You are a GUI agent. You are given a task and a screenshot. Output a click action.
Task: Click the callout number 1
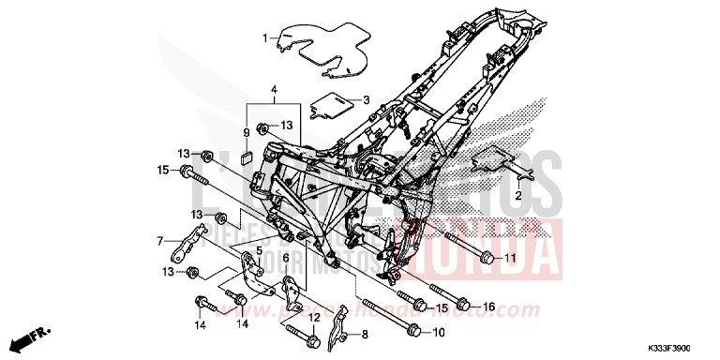[264, 38]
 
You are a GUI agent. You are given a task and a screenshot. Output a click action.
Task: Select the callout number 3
[367, 100]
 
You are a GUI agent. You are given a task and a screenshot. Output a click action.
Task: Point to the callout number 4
[274, 91]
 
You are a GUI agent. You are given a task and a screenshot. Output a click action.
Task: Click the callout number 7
[160, 241]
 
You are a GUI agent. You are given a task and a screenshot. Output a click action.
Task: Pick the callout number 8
[364, 334]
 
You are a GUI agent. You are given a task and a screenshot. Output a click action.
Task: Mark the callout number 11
[510, 258]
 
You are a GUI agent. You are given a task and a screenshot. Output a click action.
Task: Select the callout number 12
[316, 319]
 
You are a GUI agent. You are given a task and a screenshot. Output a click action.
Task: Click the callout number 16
[488, 307]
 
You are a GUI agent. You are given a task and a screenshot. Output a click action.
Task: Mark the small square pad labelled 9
[248, 157]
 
